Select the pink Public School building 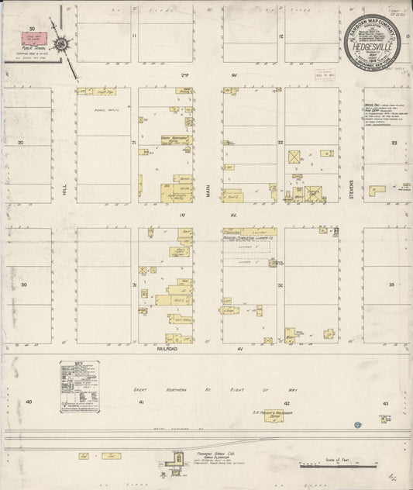(x=37, y=37)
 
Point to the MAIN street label (x=208, y=187)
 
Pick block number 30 (x=23, y=285)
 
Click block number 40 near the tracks (x=29, y=402)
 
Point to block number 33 (x=392, y=285)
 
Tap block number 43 (x=385, y=404)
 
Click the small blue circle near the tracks (x=357, y=424)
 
